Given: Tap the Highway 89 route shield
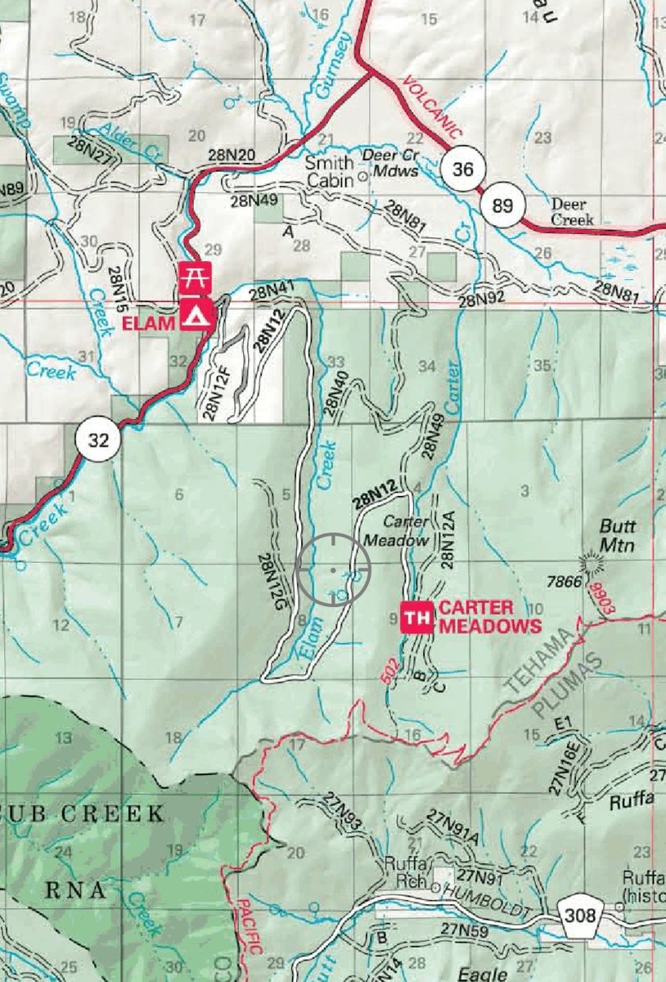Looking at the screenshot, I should click(x=502, y=205).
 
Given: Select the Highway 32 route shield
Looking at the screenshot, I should click(x=98, y=440).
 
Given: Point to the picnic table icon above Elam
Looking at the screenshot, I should click(x=196, y=277).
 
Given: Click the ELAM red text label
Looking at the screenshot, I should click(x=149, y=323).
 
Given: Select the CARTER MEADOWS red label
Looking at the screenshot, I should click(x=489, y=617).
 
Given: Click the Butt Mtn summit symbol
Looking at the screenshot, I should click(x=588, y=562).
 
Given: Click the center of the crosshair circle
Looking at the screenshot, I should click(x=333, y=568).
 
